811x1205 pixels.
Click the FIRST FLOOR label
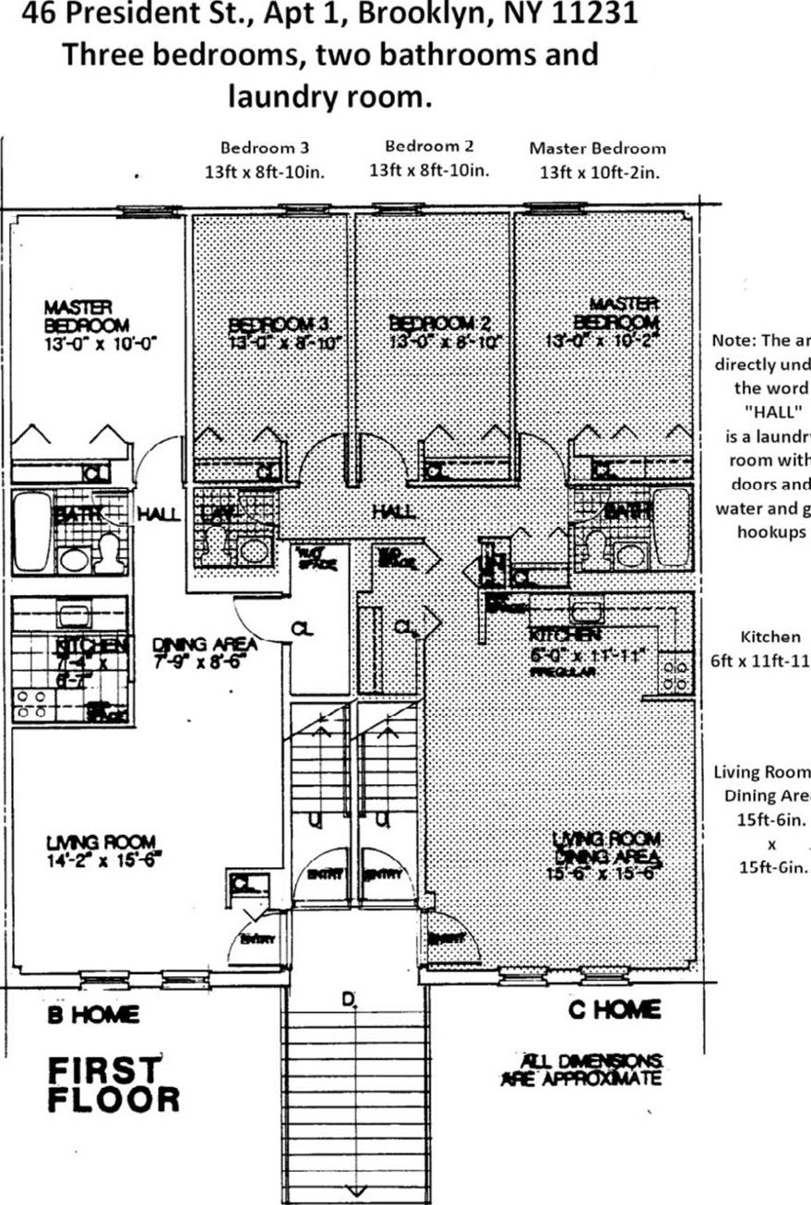[x=113, y=1084]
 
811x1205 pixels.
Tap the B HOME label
[x=94, y=1014]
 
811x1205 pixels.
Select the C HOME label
[x=614, y=1009]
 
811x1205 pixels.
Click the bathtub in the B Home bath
[x=32, y=531]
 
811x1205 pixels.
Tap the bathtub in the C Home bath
[x=672, y=526]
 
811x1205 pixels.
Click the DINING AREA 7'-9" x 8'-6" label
[x=205, y=652]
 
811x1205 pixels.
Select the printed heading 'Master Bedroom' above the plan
[x=597, y=148]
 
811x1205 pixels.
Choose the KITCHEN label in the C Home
[x=566, y=635]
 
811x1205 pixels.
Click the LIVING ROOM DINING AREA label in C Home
[x=606, y=847]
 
